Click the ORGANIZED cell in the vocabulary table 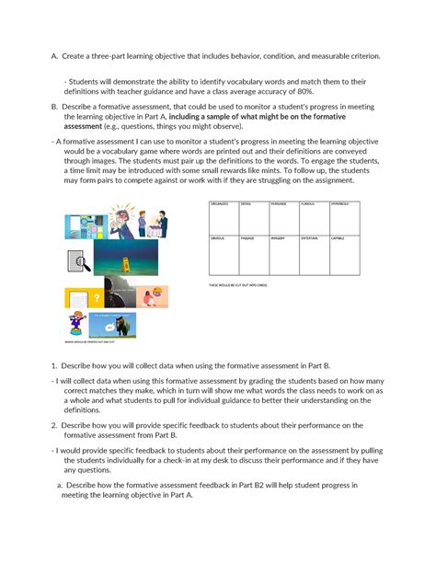(224, 217)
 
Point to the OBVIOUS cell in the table (224, 255)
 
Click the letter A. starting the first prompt (55, 56)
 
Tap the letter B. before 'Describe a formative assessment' (55, 106)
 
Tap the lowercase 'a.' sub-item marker (60, 484)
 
